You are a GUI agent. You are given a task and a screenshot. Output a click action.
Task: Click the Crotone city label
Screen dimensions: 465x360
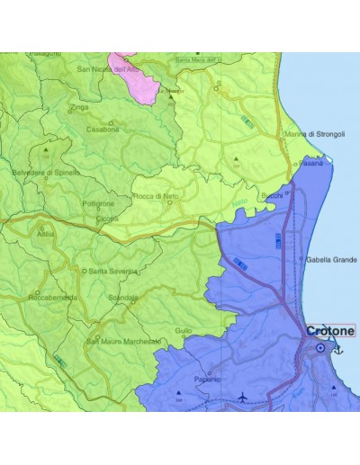tap(330, 330)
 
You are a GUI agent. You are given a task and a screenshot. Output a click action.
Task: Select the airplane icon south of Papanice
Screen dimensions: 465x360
tap(243, 397)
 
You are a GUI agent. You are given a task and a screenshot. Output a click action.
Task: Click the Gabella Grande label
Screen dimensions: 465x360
tap(332, 259)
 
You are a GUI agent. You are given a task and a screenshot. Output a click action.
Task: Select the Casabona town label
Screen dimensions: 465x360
tap(103, 129)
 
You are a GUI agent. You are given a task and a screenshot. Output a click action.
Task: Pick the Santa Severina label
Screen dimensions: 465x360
tap(111, 270)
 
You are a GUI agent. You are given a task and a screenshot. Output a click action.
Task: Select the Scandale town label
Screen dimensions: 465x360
tap(122, 297)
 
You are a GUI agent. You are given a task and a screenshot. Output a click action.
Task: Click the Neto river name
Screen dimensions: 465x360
tap(238, 203)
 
